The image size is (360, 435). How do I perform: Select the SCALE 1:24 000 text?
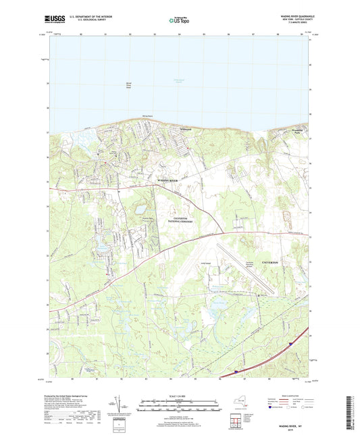pos(179,396)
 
